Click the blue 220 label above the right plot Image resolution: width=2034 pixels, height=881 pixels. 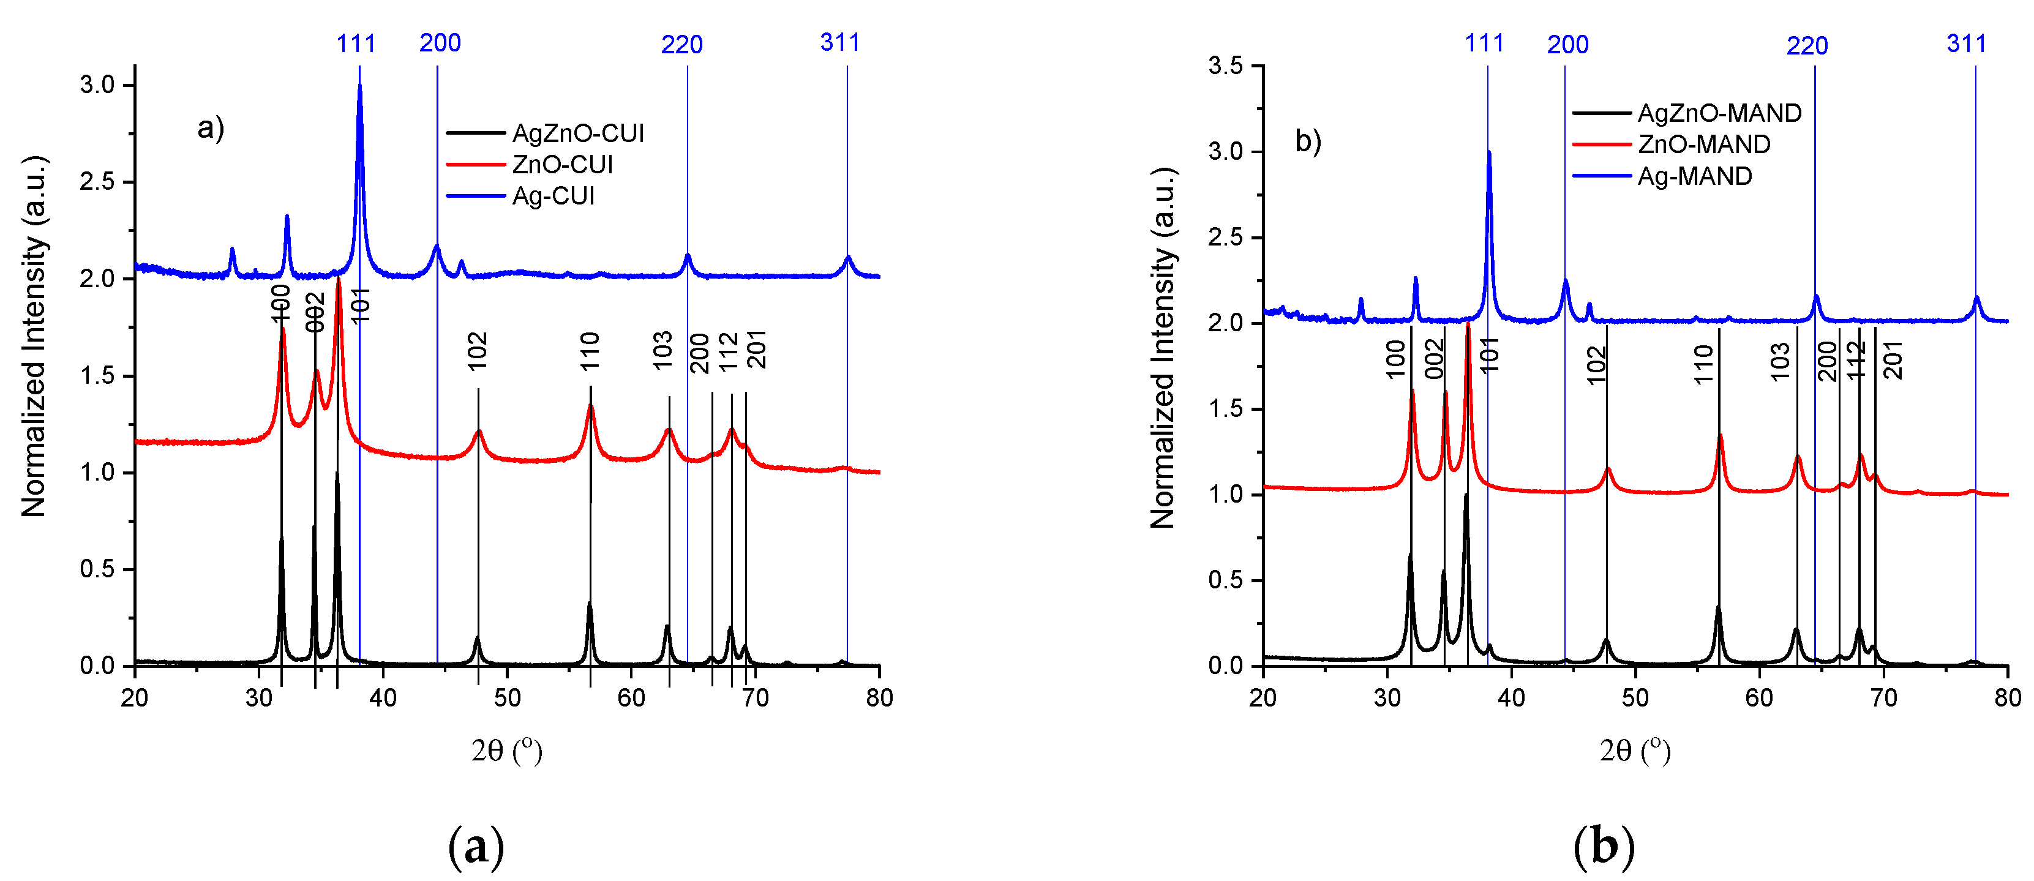click(1807, 46)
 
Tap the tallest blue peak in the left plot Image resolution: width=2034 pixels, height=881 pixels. click(360, 87)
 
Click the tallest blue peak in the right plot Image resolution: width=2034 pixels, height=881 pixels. click(1488, 154)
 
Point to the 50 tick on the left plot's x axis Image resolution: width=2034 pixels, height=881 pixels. click(507, 698)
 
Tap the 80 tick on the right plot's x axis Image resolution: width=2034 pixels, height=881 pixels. click(2007, 698)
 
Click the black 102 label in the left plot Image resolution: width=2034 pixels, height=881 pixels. click(477, 351)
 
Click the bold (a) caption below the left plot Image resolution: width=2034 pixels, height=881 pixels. click(475, 847)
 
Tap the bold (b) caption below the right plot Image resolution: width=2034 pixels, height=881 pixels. click(1604, 847)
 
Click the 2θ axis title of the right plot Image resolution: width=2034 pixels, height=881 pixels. click(1635, 750)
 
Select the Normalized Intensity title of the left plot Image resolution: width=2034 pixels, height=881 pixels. click(34, 337)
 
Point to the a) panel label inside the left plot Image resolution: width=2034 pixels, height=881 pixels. click(211, 127)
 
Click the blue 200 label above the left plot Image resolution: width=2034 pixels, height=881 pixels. click(440, 43)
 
